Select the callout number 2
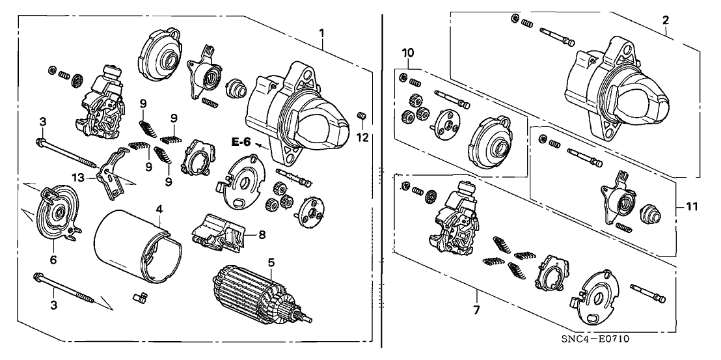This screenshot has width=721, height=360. (x=665, y=21)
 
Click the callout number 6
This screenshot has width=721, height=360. (x=53, y=260)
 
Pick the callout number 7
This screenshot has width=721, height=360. (x=476, y=311)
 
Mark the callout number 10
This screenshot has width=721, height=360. (x=407, y=52)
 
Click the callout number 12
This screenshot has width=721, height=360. (x=364, y=137)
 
